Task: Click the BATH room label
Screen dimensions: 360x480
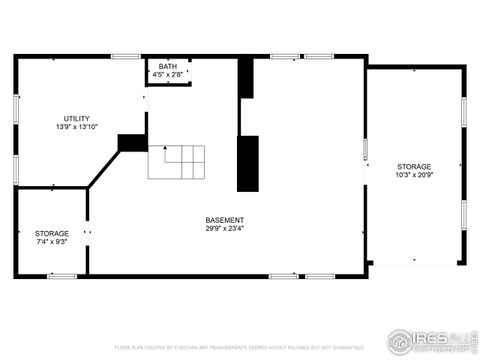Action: (167, 67)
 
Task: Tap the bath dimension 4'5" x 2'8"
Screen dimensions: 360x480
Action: (167, 75)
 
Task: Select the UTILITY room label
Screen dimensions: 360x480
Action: (76, 118)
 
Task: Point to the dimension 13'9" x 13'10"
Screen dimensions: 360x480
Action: (76, 127)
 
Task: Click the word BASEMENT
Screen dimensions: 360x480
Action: (225, 220)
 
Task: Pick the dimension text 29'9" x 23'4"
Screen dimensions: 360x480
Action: (225, 229)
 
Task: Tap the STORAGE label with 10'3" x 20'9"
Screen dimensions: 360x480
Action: (413, 166)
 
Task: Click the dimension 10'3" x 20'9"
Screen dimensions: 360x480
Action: (413, 175)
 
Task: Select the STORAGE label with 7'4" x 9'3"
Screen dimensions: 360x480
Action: (52, 233)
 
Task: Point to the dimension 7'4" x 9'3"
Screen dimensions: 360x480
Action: (52, 242)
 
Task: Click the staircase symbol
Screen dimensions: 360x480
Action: (177, 161)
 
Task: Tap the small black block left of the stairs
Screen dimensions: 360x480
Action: (132, 143)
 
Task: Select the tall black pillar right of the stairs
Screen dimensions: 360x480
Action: (247, 163)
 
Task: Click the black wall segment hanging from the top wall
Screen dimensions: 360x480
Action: (245, 78)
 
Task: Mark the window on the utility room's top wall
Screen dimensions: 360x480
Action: (125, 56)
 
